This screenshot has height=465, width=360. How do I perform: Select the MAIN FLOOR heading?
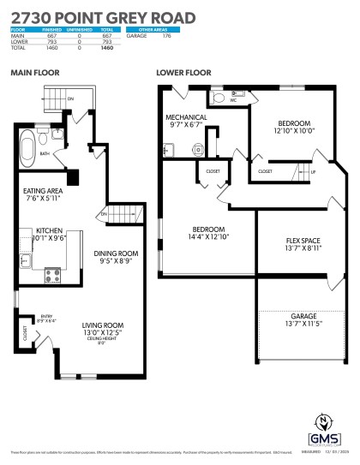[34, 74]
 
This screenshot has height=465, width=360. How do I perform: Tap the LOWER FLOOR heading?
[183, 74]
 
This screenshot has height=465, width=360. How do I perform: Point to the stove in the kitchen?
[52, 275]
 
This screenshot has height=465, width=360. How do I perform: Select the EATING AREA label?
[42, 193]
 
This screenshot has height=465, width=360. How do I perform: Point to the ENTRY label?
[46, 318]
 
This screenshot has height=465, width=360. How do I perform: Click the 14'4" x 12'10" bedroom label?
[208, 230]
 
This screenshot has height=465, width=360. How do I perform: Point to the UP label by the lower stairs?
[313, 171]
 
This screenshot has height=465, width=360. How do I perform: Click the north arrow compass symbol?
[326, 422]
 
